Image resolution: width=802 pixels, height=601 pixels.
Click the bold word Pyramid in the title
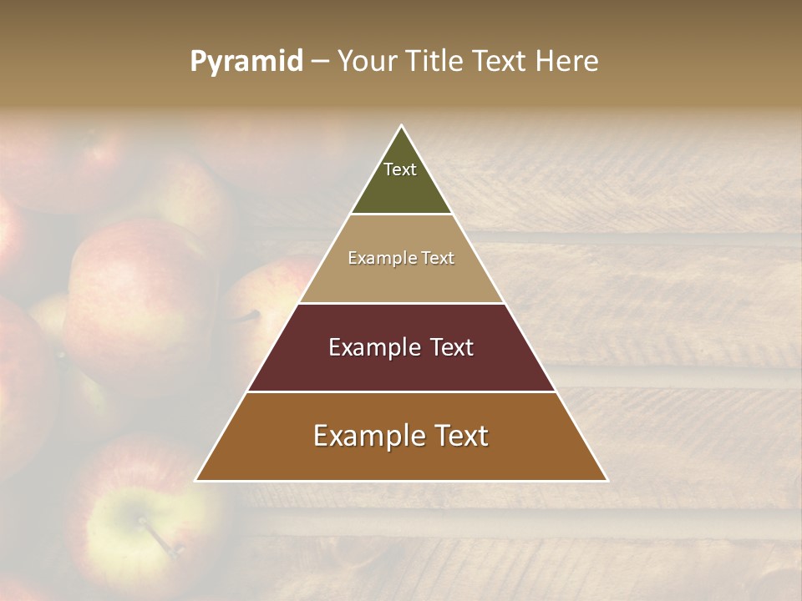point(246,62)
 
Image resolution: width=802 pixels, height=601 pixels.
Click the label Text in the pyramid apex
point(400,169)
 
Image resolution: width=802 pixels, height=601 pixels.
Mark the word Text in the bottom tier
point(461,436)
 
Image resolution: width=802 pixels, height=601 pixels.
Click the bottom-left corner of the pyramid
point(196,480)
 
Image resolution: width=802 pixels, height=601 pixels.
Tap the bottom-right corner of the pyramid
point(607,480)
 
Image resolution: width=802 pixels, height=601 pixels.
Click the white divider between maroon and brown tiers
point(401,391)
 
